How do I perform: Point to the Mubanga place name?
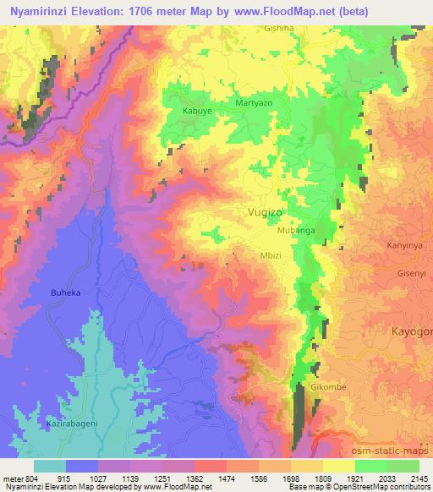point(295,230)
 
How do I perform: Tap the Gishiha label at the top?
point(278,28)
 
